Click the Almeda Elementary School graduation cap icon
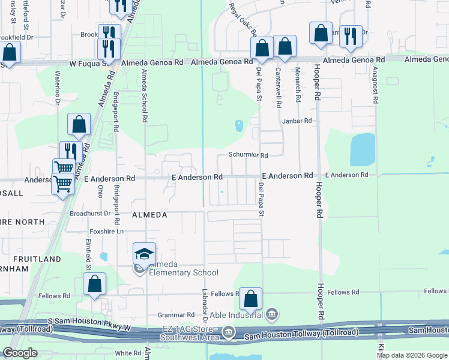tap(144, 254)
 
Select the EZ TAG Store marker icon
tap(229, 332)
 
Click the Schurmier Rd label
tap(248, 155)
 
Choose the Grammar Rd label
tap(176, 314)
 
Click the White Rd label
tap(128, 353)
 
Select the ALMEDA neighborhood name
tap(148, 214)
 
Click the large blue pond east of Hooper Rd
tap(362, 149)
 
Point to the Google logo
tap(20, 353)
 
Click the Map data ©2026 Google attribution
tap(412, 355)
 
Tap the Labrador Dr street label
tap(205, 308)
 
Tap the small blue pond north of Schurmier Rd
tap(239, 126)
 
